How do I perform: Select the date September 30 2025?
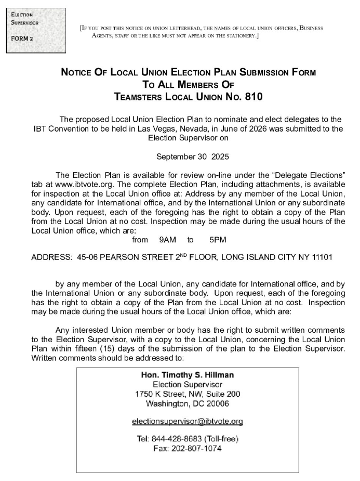click(x=192, y=156)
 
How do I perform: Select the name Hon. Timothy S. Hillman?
click(x=188, y=375)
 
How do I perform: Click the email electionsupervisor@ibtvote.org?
click(x=188, y=421)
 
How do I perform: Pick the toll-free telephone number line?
click(x=188, y=439)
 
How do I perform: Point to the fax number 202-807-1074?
click(x=188, y=448)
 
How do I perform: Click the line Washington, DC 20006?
click(x=188, y=403)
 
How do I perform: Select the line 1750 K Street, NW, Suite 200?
click(x=188, y=394)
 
